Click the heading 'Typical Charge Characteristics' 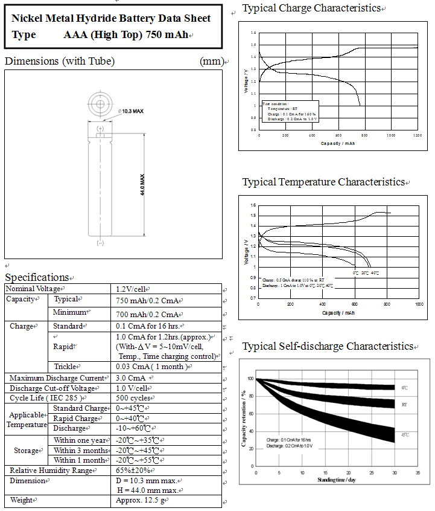click(x=311, y=8)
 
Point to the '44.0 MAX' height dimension click(x=142, y=184)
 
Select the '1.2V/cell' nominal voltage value click(x=131, y=289)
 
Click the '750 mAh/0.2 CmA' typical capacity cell click(x=148, y=300)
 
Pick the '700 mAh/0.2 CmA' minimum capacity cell click(x=148, y=314)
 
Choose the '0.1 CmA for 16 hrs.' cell click(x=147, y=327)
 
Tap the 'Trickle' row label click(x=66, y=367)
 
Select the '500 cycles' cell click(x=133, y=398)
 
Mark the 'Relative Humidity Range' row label click(x=48, y=470)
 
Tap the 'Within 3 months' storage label click(x=80, y=450)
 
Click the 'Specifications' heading click(x=37, y=277)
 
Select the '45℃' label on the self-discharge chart click(x=404, y=435)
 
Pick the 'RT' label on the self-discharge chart click(x=404, y=403)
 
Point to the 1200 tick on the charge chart click(x=417, y=135)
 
